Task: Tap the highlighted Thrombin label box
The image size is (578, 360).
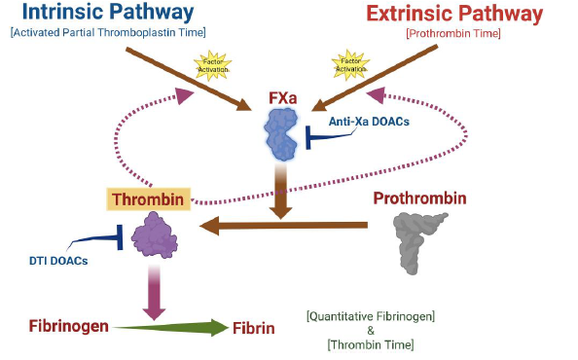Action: (x=149, y=200)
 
